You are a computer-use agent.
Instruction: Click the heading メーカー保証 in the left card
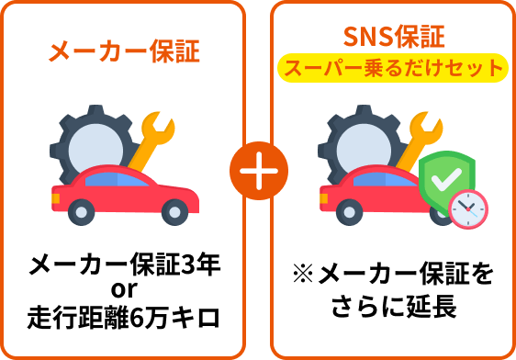[x=123, y=51]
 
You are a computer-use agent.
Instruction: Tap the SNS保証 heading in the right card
[x=393, y=38]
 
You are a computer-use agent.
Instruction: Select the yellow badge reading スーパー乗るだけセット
[x=393, y=68]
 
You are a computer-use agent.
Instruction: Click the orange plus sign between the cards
[x=258, y=173]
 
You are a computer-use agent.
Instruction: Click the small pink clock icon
[x=468, y=208]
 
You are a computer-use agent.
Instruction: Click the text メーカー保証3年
[x=123, y=267]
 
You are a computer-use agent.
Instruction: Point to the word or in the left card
[x=123, y=292]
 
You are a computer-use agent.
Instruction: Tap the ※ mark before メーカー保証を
[x=304, y=275]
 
